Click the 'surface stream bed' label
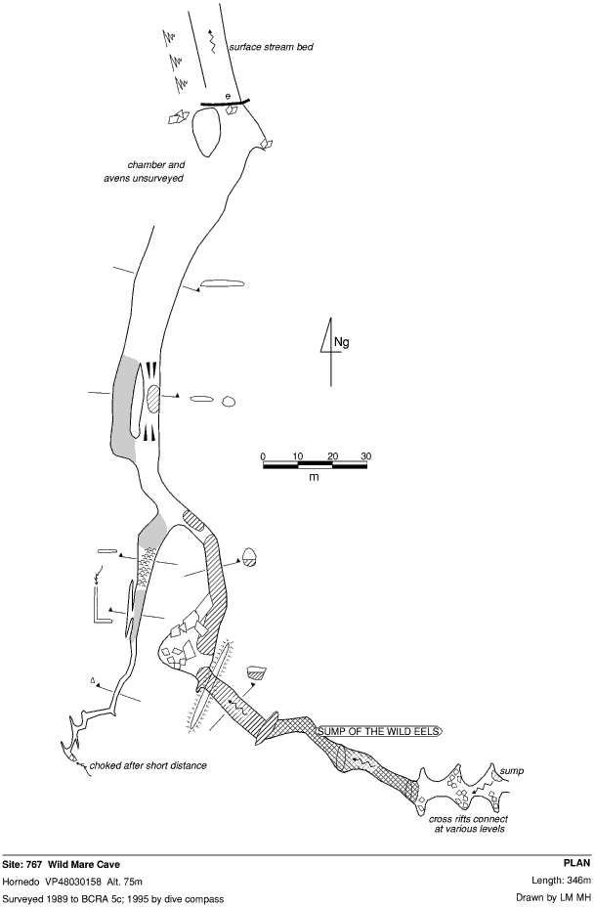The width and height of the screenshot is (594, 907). coord(271,46)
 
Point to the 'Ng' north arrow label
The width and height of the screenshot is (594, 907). coord(341,342)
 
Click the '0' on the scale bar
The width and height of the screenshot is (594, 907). coord(263,455)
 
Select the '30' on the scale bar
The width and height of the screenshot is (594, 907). coord(365,455)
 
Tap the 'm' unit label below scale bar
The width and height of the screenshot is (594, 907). coord(314,477)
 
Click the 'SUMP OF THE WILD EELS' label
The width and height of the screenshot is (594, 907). coord(380,731)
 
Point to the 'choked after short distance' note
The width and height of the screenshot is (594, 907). coord(148,764)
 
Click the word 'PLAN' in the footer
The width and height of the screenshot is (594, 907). coord(577,864)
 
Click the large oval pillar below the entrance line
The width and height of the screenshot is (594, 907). coord(205,133)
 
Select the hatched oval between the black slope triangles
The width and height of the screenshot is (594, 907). coord(153,400)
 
